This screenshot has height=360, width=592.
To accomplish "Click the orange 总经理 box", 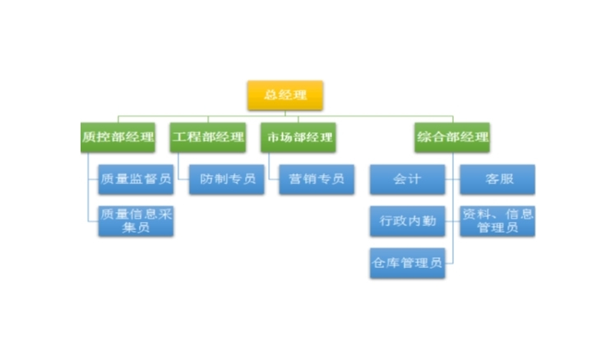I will [285, 95].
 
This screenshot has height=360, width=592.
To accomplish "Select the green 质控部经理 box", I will [118, 137].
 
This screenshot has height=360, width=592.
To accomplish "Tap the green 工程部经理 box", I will [209, 137].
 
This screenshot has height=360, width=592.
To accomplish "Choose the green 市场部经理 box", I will [298, 137].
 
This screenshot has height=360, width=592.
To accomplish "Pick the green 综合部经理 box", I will [452, 137].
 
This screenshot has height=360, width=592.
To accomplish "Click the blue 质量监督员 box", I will [136, 179].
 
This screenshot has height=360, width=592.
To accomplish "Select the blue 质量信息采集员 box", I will [136, 220].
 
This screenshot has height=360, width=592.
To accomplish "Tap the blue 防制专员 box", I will [227, 179].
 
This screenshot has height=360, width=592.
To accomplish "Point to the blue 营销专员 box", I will [317, 179].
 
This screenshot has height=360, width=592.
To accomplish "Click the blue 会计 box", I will [407, 179].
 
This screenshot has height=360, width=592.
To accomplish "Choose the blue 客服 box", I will [497, 179].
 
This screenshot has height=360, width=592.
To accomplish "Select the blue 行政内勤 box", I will [407, 220].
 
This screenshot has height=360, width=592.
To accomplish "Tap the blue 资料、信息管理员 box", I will [497, 220].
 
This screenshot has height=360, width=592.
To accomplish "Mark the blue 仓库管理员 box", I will [407, 264].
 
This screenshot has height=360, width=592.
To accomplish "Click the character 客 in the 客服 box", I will [489, 179].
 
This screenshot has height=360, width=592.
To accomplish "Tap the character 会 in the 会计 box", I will [400, 179].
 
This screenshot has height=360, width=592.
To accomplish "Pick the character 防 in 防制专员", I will [204, 179].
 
